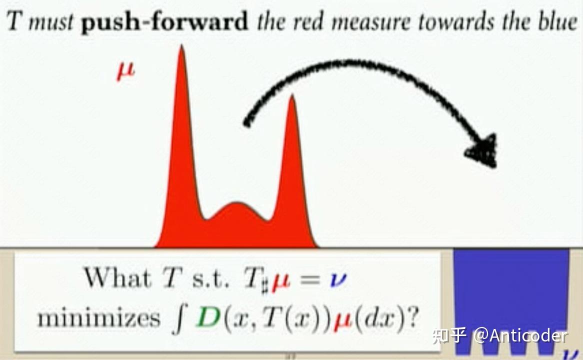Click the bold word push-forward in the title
tap(165, 22)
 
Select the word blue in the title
tap(558, 21)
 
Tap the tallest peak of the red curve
tap(182, 46)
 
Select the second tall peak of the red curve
tap(292, 96)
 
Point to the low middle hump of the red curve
tap(236, 204)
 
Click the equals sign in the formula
tap(310, 279)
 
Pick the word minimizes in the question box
tap(99, 318)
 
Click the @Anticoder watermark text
tap(521, 335)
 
